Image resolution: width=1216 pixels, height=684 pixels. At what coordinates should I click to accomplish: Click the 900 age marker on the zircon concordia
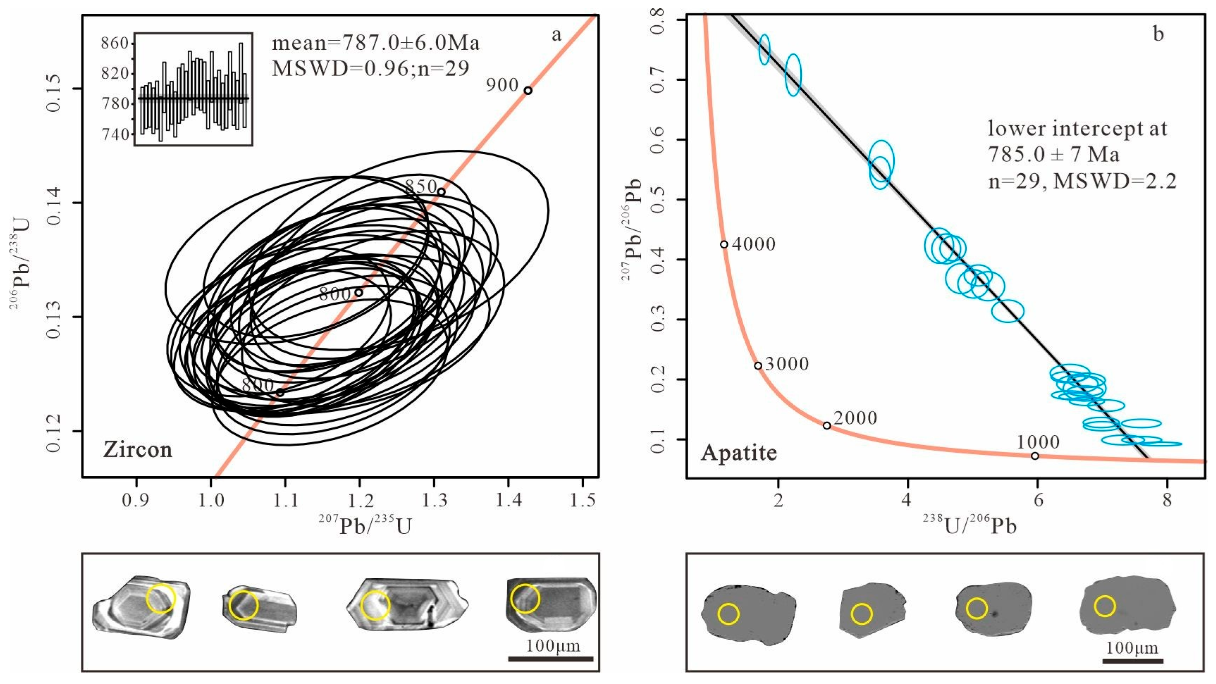tap(528, 91)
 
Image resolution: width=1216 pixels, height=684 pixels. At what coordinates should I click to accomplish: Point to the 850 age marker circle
tap(441, 192)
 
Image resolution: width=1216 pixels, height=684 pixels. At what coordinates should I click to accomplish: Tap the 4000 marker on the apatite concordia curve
tap(724, 244)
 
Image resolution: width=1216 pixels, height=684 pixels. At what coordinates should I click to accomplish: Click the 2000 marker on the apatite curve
tap(826, 426)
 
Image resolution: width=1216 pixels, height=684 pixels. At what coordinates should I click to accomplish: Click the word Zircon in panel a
tap(138, 450)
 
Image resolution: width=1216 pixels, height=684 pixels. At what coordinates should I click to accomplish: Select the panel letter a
tap(557, 35)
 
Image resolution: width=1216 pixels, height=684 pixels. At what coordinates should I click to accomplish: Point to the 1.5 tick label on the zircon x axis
tap(583, 500)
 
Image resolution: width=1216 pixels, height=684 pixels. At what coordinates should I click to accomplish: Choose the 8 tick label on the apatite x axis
tap(1167, 499)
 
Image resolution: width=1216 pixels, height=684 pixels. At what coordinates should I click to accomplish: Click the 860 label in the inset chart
tap(115, 43)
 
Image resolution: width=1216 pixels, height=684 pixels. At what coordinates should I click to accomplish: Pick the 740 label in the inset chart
tap(115, 135)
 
